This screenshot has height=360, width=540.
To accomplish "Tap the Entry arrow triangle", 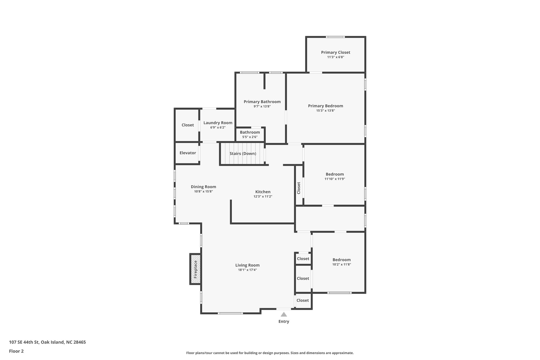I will pyautogui.click(x=284, y=314).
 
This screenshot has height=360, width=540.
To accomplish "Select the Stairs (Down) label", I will pyautogui.click(x=243, y=153).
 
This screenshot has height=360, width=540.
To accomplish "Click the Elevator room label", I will pyautogui.click(x=187, y=153).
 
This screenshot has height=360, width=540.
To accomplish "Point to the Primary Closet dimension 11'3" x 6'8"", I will pyautogui.click(x=335, y=57).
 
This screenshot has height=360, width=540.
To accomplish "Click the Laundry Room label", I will pyautogui.click(x=218, y=123).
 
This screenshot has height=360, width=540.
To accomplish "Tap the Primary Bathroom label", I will pyautogui.click(x=262, y=102).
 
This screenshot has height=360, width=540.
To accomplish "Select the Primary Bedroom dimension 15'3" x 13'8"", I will pyautogui.click(x=325, y=111).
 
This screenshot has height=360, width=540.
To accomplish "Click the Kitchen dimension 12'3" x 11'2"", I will pyautogui.click(x=263, y=196).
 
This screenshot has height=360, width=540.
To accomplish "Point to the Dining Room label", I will pyautogui.click(x=203, y=187).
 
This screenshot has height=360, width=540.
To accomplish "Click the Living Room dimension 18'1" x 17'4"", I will pyautogui.click(x=247, y=270).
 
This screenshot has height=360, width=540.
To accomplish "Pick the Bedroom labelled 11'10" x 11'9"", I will pyautogui.click(x=335, y=174).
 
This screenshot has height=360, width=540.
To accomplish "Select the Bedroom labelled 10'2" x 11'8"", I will pyautogui.click(x=341, y=260).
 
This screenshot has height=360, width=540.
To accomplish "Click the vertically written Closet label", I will pyautogui.click(x=299, y=188).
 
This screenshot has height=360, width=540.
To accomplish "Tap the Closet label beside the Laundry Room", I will pyautogui.click(x=187, y=125).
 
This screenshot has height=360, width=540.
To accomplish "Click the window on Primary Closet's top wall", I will pyautogui.click(x=335, y=37).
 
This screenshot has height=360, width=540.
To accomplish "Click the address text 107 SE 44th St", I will pyautogui.click(x=24, y=342).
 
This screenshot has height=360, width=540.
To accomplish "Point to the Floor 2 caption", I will pyautogui.click(x=16, y=351).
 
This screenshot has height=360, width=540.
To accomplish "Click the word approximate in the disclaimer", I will pyautogui.click(x=342, y=353).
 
